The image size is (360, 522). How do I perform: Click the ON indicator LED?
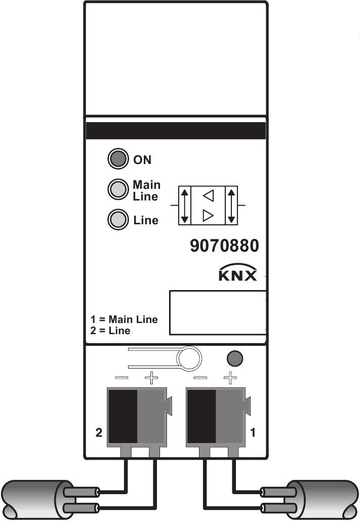(117, 159)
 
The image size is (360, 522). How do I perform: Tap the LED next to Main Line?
(117, 190)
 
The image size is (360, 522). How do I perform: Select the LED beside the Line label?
(117, 220)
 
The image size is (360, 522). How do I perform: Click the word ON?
(142, 160)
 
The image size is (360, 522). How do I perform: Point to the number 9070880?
(224, 247)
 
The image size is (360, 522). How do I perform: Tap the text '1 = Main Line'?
(124, 319)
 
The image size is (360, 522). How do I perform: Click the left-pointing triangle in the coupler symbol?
(208, 195)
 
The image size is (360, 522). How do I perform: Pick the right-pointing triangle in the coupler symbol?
(208, 217)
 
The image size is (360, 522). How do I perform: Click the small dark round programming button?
(233, 358)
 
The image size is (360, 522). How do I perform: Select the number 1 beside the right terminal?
(254, 432)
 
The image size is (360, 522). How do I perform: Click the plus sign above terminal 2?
(151, 378)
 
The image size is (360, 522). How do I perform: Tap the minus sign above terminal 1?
(201, 378)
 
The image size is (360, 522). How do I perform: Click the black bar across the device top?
(176, 130)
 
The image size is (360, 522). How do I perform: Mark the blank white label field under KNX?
(218, 312)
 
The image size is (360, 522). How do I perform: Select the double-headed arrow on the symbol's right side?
(231, 205)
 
